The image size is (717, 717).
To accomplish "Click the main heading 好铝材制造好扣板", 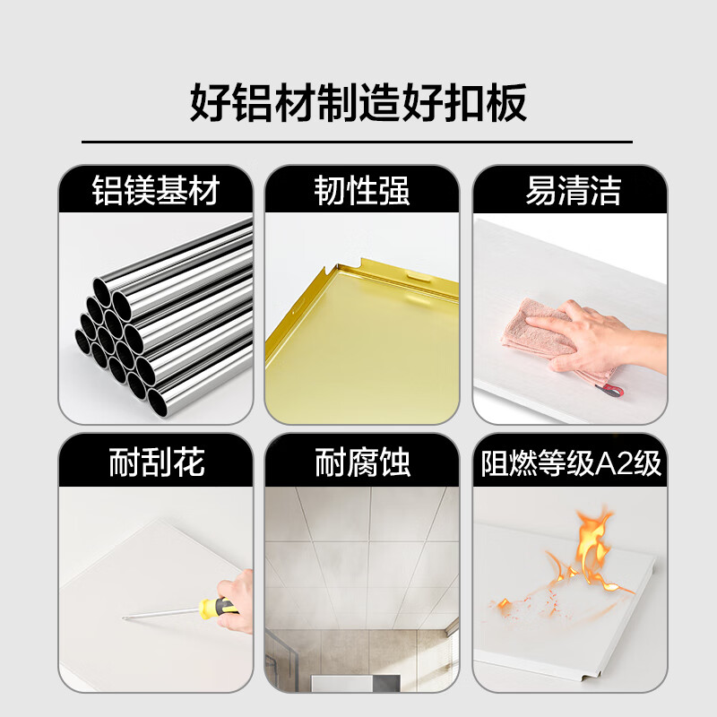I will (x=358, y=103).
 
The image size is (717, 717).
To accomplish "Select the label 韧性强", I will (x=362, y=191).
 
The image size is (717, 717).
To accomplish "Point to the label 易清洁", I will (x=573, y=191).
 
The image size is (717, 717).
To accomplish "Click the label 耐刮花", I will (x=156, y=462).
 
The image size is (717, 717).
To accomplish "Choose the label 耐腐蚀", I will (x=362, y=462).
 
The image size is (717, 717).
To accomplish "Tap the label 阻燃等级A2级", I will (x=571, y=463).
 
